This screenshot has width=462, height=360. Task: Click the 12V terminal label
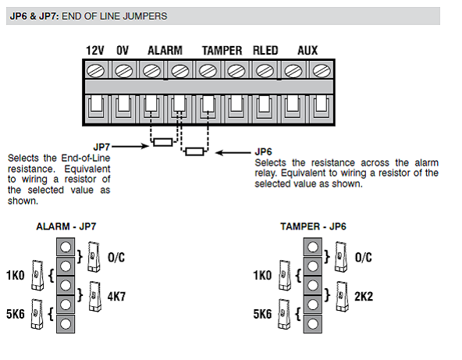(95, 51)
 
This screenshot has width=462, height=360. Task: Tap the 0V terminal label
(123, 51)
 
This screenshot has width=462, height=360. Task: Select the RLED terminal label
(265, 51)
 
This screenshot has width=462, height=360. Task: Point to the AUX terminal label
(307, 51)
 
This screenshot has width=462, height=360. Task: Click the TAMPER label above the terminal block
(222, 51)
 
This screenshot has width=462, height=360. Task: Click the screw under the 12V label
(95, 71)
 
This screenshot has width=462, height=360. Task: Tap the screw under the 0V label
(124, 71)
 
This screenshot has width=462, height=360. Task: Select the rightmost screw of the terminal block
(322, 71)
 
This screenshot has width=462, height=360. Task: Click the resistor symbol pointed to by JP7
(163, 142)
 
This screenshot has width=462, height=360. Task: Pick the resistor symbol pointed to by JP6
(194, 151)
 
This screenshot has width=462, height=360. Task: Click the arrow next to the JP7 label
(130, 146)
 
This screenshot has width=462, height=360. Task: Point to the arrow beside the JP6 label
(233, 152)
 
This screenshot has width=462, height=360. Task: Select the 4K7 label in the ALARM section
(116, 296)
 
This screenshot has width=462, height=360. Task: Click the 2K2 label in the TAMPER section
(364, 296)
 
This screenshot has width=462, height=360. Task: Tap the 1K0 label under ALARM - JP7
(16, 276)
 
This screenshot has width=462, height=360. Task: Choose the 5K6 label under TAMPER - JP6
(262, 314)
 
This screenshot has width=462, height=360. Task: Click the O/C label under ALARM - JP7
(116, 258)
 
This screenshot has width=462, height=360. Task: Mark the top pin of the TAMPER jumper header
(313, 247)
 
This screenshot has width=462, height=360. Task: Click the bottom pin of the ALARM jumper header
(66, 324)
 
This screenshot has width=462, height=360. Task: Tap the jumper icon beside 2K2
(343, 296)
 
